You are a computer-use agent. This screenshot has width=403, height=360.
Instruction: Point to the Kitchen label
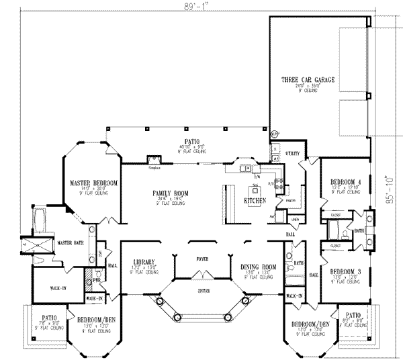[255, 201]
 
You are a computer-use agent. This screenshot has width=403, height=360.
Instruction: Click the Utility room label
[292, 154]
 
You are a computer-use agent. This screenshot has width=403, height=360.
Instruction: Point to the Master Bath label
[69, 242]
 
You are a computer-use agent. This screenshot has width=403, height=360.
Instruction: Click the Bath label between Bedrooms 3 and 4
[359, 229]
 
